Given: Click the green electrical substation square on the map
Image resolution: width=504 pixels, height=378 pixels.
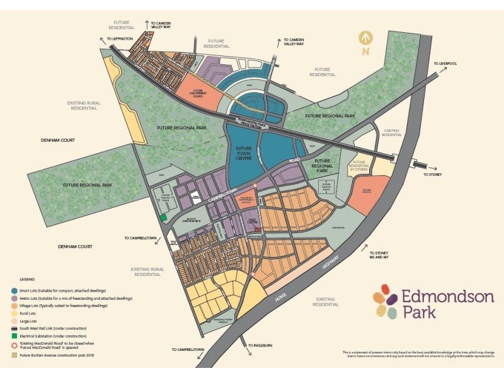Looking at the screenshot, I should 164,217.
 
